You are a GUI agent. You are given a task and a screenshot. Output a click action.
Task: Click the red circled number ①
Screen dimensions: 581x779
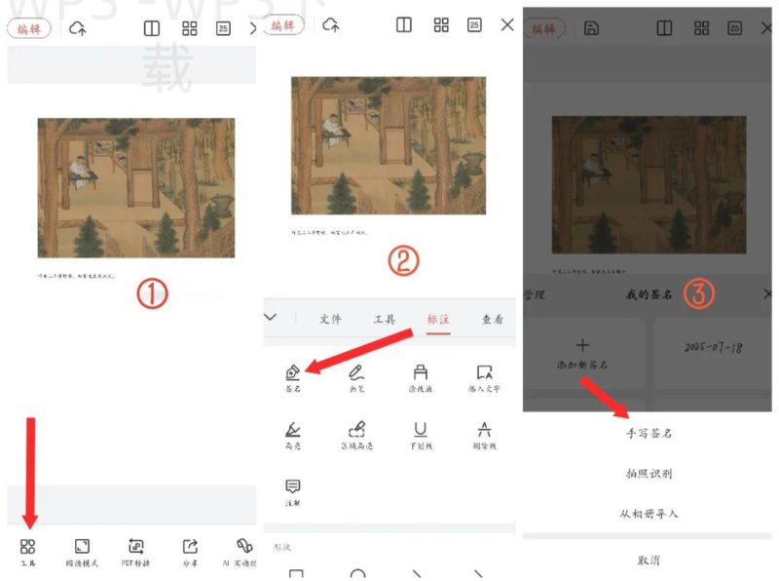[x=152, y=293]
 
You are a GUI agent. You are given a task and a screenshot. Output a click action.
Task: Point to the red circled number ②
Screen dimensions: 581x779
[x=402, y=260]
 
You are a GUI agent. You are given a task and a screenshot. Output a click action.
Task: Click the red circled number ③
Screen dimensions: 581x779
[x=699, y=292]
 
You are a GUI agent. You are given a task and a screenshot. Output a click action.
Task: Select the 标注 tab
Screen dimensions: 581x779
[x=438, y=319]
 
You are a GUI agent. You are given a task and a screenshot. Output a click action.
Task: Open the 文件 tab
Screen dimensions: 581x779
[x=331, y=319]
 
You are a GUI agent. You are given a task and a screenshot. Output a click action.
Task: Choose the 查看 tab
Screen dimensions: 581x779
[x=493, y=319]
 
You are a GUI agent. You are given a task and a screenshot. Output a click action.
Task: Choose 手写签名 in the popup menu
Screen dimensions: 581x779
[x=649, y=433]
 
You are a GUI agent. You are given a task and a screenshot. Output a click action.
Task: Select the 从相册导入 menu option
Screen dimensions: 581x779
[x=649, y=513]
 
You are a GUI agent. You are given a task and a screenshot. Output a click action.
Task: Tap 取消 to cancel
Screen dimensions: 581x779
[x=649, y=560]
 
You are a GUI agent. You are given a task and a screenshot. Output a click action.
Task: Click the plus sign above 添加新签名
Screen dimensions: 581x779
[x=583, y=345]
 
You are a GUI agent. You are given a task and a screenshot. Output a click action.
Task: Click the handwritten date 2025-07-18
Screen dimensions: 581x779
[x=713, y=347]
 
